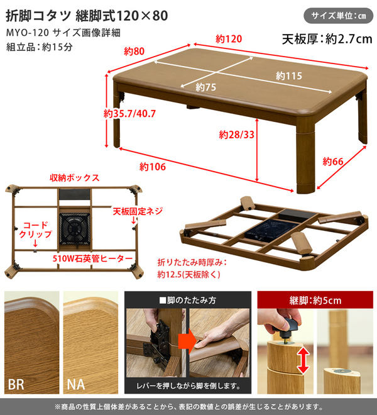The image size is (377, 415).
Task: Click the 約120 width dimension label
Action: pyautogui.click(x=229, y=39)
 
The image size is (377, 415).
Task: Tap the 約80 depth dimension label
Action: pyautogui.click(x=134, y=51)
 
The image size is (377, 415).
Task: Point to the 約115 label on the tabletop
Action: pyautogui.click(x=289, y=76)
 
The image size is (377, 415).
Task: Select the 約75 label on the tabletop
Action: pyautogui.click(x=206, y=87)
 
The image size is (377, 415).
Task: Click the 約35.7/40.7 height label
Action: pyautogui.click(x=129, y=114)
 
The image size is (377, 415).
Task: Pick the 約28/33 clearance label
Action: pyautogui.click(x=236, y=135)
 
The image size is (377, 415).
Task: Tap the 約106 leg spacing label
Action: pyautogui.click(x=153, y=167)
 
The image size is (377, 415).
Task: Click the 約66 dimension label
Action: pyautogui.click(x=333, y=161)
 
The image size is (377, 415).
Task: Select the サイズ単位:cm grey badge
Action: pyautogui.click(x=339, y=16)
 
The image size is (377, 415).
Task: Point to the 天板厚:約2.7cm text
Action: pyautogui.click(x=327, y=39)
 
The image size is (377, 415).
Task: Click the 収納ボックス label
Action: pyautogui.click(x=75, y=177)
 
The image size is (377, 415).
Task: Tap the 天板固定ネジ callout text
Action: pyautogui.click(x=138, y=211)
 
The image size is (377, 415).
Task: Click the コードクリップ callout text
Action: pyautogui.click(x=35, y=230)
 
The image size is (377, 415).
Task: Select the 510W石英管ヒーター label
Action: pyautogui.click(x=92, y=258)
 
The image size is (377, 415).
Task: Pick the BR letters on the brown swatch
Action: pyautogui.click(x=16, y=385)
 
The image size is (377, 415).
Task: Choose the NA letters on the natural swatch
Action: pyautogui.click(x=76, y=385)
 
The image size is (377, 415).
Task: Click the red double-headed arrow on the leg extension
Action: pyautogui.click(x=303, y=360)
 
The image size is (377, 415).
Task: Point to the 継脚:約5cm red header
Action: pyautogui.click(x=315, y=301)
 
